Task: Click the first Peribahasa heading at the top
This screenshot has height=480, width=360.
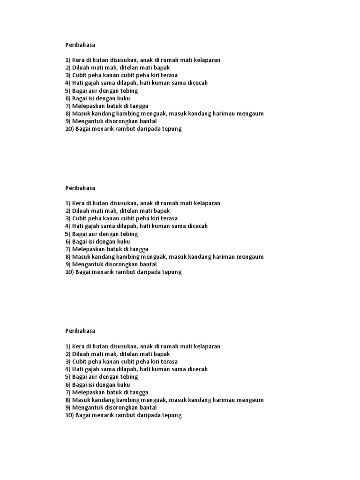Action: (x=80, y=45)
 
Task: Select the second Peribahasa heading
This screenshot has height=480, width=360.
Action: (x=80, y=188)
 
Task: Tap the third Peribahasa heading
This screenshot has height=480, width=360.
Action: (x=80, y=331)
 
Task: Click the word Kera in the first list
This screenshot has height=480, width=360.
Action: (x=78, y=60)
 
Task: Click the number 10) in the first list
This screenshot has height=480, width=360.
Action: (x=69, y=129)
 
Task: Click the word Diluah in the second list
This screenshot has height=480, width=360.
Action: (x=81, y=211)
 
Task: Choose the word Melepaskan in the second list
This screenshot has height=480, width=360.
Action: (x=88, y=249)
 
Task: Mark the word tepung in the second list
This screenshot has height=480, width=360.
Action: (x=172, y=272)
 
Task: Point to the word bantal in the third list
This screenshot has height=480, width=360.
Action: (x=146, y=407)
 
